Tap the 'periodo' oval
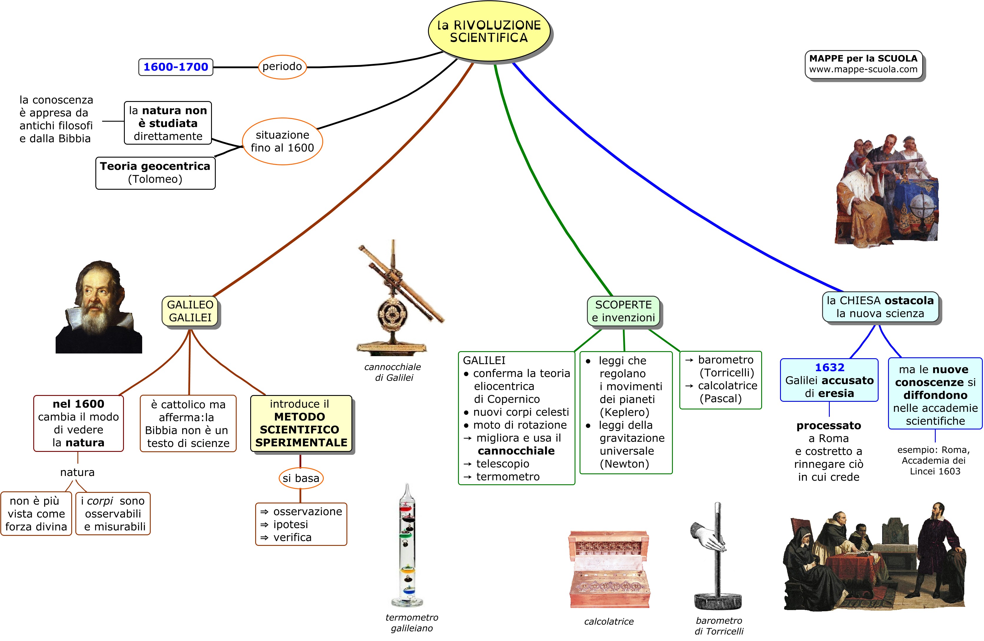[282, 67]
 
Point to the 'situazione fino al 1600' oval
[282, 141]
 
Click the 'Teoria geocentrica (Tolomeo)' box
[155, 173]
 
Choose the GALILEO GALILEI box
[190, 311]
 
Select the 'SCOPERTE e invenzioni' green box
[623, 311]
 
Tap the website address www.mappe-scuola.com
[863, 70]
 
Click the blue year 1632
[829, 367]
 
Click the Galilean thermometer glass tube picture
[408, 546]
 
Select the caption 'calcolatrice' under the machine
[609, 622]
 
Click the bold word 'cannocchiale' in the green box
[516, 451]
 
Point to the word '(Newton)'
[624, 464]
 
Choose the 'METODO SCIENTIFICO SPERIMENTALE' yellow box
[301, 423]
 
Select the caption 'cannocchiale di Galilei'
[393, 372]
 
